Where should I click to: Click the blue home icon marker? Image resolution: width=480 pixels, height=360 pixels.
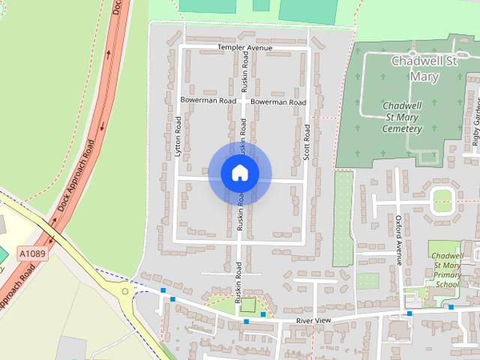[240, 173]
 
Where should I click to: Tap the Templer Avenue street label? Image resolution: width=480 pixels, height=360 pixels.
[244, 47]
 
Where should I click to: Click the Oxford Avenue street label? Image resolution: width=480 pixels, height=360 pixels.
[399, 240]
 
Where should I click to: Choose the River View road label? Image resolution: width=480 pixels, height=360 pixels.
[313, 320]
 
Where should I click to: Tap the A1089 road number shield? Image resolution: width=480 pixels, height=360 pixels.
[33, 254]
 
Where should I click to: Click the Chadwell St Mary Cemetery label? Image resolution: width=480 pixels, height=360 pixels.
[402, 117]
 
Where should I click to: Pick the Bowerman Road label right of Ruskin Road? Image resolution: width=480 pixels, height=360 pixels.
[278, 101]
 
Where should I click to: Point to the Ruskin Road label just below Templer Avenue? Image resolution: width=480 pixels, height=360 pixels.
[244, 73]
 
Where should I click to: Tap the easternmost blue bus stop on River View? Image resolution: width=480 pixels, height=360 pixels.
[451, 307]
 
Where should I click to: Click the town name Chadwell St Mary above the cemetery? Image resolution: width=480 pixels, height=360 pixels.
[424, 68]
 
